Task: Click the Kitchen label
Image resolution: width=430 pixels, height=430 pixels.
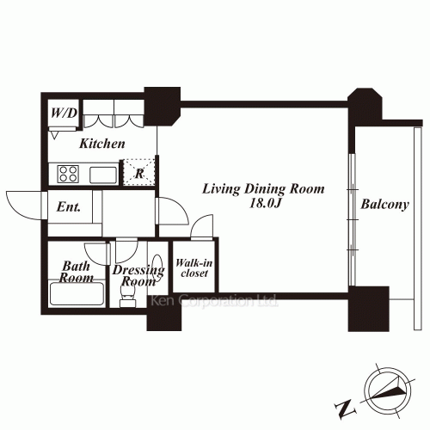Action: point(102,144)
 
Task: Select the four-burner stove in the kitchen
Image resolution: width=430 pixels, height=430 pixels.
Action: point(68,174)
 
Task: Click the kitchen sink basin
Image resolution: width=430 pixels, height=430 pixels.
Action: point(103,175)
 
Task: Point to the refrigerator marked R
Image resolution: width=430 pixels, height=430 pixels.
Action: point(139,173)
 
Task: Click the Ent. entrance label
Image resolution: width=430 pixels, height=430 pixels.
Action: point(69,206)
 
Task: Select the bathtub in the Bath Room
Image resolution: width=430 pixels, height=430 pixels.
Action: point(77,294)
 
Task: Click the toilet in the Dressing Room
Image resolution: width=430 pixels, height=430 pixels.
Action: point(128,295)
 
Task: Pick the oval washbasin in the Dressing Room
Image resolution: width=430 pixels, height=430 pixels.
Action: point(157,266)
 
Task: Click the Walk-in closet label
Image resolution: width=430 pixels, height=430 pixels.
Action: point(194,268)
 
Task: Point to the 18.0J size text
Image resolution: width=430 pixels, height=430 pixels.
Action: point(264,203)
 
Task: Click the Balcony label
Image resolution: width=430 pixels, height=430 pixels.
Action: point(384,205)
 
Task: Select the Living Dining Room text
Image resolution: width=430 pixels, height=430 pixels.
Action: point(263,189)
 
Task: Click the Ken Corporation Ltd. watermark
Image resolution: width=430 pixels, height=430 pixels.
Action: point(214,301)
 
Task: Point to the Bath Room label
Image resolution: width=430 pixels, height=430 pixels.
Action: point(77,272)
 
